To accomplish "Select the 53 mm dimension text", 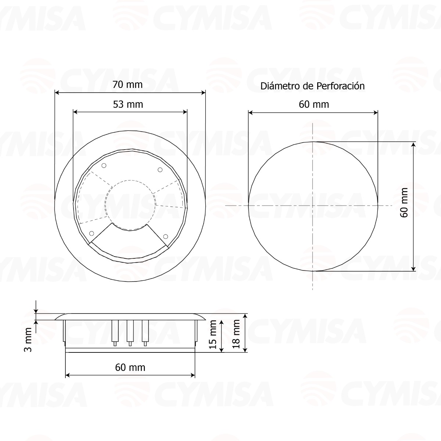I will [x=128, y=104].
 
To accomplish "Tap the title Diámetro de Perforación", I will [x=312, y=86].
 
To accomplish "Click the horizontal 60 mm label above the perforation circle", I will [x=313, y=104].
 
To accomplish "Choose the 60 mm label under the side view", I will [x=130, y=367].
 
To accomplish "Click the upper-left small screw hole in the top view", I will [x=104, y=166].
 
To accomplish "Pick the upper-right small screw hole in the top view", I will [x=160, y=169].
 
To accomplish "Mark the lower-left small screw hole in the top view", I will [x=92, y=233].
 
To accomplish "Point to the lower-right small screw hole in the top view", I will [x=165, y=236].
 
